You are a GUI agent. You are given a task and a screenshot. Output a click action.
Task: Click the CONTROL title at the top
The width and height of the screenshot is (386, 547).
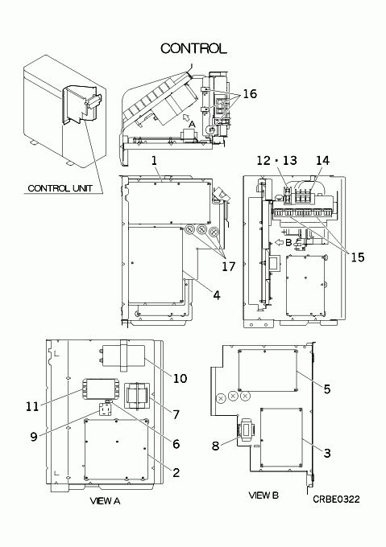click(x=193, y=48)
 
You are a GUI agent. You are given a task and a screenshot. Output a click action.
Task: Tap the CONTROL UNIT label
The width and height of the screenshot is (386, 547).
click(x=60, y=188)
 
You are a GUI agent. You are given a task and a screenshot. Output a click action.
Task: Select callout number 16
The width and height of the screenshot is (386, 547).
click(x=250, y=93)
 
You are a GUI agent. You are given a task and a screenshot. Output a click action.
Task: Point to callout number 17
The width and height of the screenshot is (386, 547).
click(x=228, y=266)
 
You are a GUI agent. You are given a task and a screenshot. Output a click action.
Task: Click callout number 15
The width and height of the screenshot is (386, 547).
click(x=357, y=257)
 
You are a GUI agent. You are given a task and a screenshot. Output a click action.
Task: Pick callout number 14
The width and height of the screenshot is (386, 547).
click(x=323, y=160)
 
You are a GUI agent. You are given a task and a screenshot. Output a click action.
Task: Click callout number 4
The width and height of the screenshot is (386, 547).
click(x=217, y=295)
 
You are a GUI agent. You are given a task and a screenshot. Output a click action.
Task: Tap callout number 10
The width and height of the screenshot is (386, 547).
click(x=181, y=379)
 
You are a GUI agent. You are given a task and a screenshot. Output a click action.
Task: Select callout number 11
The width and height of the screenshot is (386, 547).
click(x=32, y=406)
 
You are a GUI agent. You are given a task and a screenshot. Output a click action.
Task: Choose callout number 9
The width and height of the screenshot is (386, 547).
click(x=34, y=437)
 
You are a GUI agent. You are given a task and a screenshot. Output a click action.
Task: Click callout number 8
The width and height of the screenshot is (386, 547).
click(x=215, y=446)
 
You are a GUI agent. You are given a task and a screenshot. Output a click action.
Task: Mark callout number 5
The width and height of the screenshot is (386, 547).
click(x=326, y=389)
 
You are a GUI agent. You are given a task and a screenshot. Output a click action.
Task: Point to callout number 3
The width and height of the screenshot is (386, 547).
click(x=326, y=453)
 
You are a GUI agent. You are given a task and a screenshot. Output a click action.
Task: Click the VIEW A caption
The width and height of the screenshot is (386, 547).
click(x=105, y=501)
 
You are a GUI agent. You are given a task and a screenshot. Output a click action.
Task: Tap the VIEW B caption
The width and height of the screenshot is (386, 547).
click(x=264, y=495)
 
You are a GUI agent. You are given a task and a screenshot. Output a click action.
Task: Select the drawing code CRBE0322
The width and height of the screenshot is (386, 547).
click(x=336, y=500)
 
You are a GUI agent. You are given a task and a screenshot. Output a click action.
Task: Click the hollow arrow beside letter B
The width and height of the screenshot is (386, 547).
click(x=280, y=242)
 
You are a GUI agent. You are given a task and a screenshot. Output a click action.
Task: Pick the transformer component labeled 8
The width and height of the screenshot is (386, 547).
click(x=246, y=427)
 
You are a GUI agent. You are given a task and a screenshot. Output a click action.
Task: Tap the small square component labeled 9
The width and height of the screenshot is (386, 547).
click(x=105, y=409)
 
